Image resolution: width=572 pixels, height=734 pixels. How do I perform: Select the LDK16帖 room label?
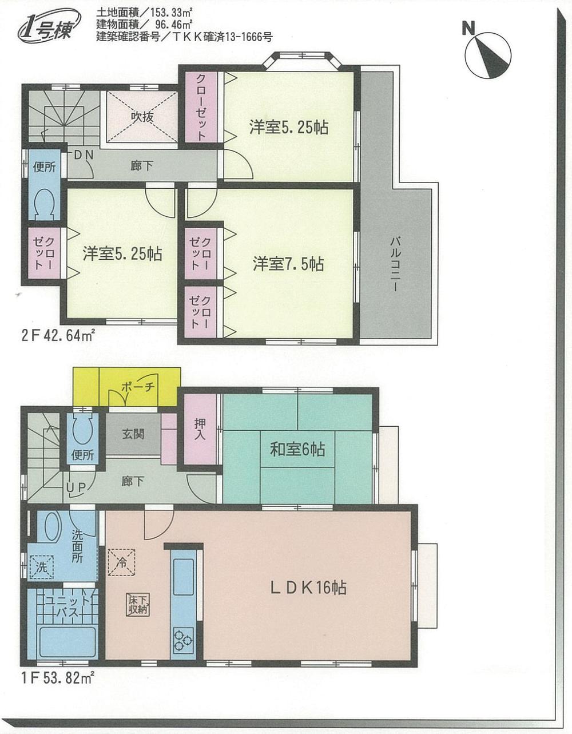309,587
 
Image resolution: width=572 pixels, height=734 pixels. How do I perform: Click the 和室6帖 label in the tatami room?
297,450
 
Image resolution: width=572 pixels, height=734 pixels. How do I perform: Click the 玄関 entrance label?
133,434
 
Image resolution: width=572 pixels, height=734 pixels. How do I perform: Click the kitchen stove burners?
184,639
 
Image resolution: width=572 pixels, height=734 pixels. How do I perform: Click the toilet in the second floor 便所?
43,204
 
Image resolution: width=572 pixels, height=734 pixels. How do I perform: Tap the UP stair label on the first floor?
76,487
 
